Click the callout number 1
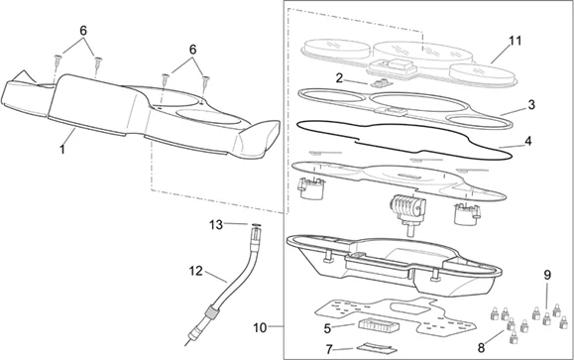pyautogui.click(x=62, y=149)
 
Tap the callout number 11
pyautogui.click(x=516, y=41)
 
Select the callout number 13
pyautogui.click(x=216, y=224)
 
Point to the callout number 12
pyautogui.click(x=196, y=271)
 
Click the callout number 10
pyautogui.click(x=260, y=328)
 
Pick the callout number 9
pyautogui.click(x=547, y=275)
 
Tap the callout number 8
pyautogui.click(x=481, y=347)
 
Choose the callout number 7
pyautogui.click(x=329, y=350)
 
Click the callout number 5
pyautogui.click(x=327, y=328)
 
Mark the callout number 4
pyautogui.click(x=527, y=141)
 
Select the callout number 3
pyautogui.click(x=531, y=105)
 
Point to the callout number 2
pyautogui.click(x=339, y=78)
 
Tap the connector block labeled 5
pyautogui.click(x=378, y=325)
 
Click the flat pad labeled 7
pyautogui.click(x=376, y=348)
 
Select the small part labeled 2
pyautogui.click(x=381, y=83)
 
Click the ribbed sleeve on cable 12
pyautogui.click(x=210, y=313)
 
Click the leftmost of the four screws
pyautogui.click(x=57, y=60)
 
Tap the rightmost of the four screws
pyautogui.click(x=206, y=81)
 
